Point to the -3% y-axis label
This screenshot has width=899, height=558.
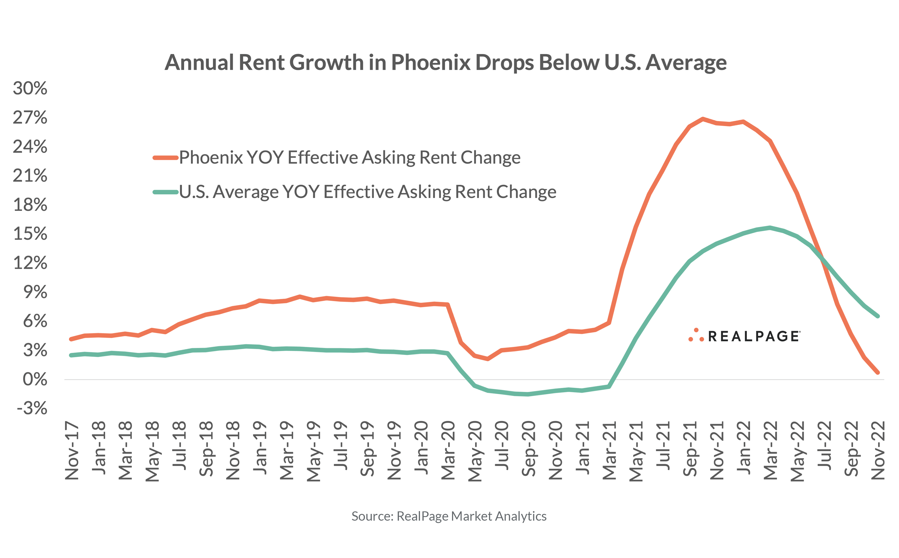(x=32, y=409)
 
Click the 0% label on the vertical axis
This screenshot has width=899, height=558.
(x=35, y=380)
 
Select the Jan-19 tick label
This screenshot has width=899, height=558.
(x=260, y=448)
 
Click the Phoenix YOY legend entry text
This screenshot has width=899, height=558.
(x=349, y=158)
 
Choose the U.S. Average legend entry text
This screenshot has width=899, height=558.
(x=368, y=192)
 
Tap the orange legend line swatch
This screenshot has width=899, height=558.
(x=166, y=158)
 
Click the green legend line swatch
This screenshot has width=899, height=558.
(x=166, y=192)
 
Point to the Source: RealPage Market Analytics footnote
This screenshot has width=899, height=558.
(x=449, y=516)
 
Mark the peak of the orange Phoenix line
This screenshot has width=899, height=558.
(x=703, y=119)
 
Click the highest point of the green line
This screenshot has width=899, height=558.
(x=770, y=228)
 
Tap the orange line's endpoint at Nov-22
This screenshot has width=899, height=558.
(x=878, y=372)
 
